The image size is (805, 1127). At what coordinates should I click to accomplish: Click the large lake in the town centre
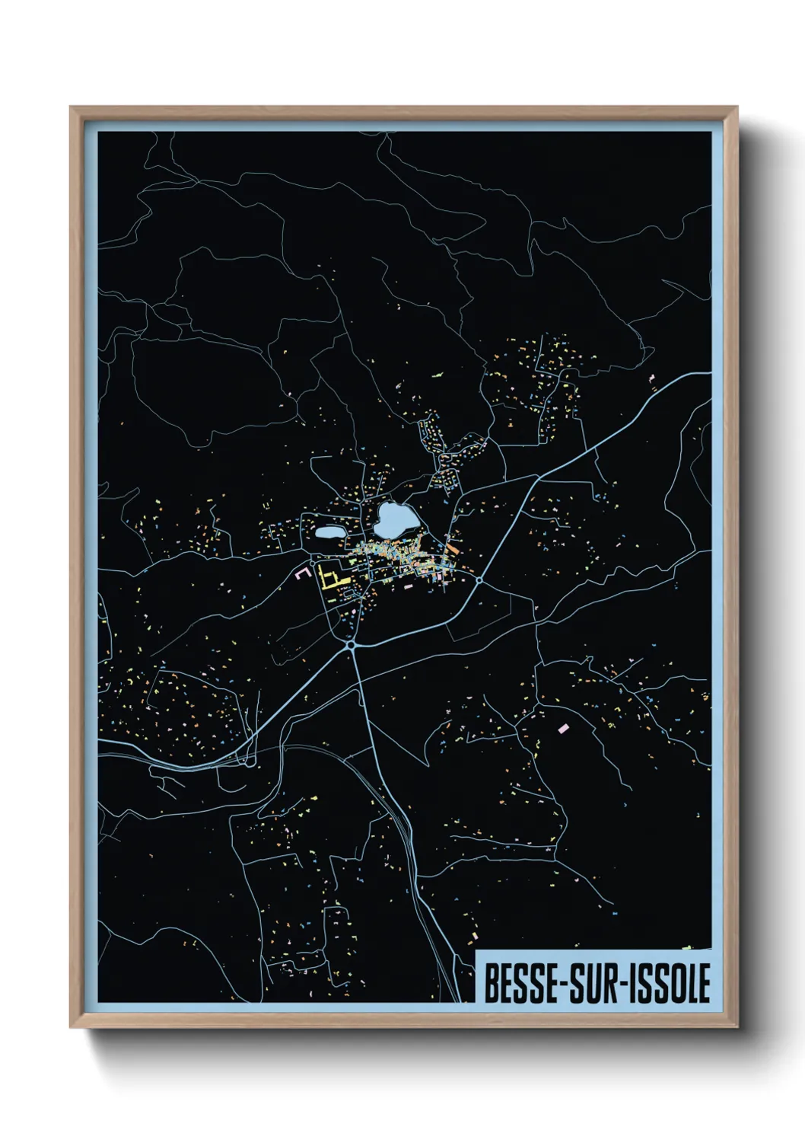pos(395,519)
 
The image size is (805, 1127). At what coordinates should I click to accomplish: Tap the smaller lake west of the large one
pos(329,533)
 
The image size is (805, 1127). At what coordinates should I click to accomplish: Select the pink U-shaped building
pos(304,572)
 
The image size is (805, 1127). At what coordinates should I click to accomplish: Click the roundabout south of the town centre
pos(352,646)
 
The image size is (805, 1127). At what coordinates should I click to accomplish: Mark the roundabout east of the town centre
pos(480,581)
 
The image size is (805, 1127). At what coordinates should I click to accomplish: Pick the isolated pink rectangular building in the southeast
pos(564,729)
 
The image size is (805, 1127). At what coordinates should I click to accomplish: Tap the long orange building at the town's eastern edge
pos(451,547)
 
